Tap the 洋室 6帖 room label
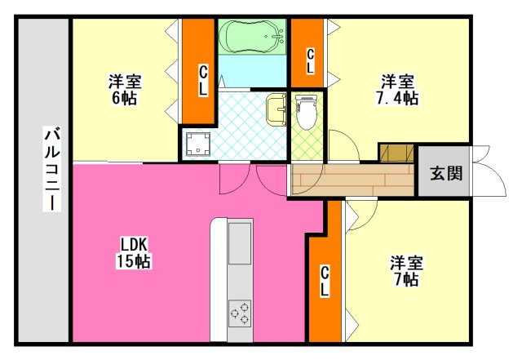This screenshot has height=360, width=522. [125, 90]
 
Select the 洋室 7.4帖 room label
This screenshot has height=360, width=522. [397, 90]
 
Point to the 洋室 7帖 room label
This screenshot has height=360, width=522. [405, 271]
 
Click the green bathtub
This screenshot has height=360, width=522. [253, 36]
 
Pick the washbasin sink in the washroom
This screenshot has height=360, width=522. [276, 109]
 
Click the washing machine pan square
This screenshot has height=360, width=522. [197, 144]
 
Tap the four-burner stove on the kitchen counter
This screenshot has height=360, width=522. [240, 311]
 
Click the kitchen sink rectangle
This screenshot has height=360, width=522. [240, 243]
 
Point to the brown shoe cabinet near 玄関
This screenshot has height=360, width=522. [396, 153]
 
